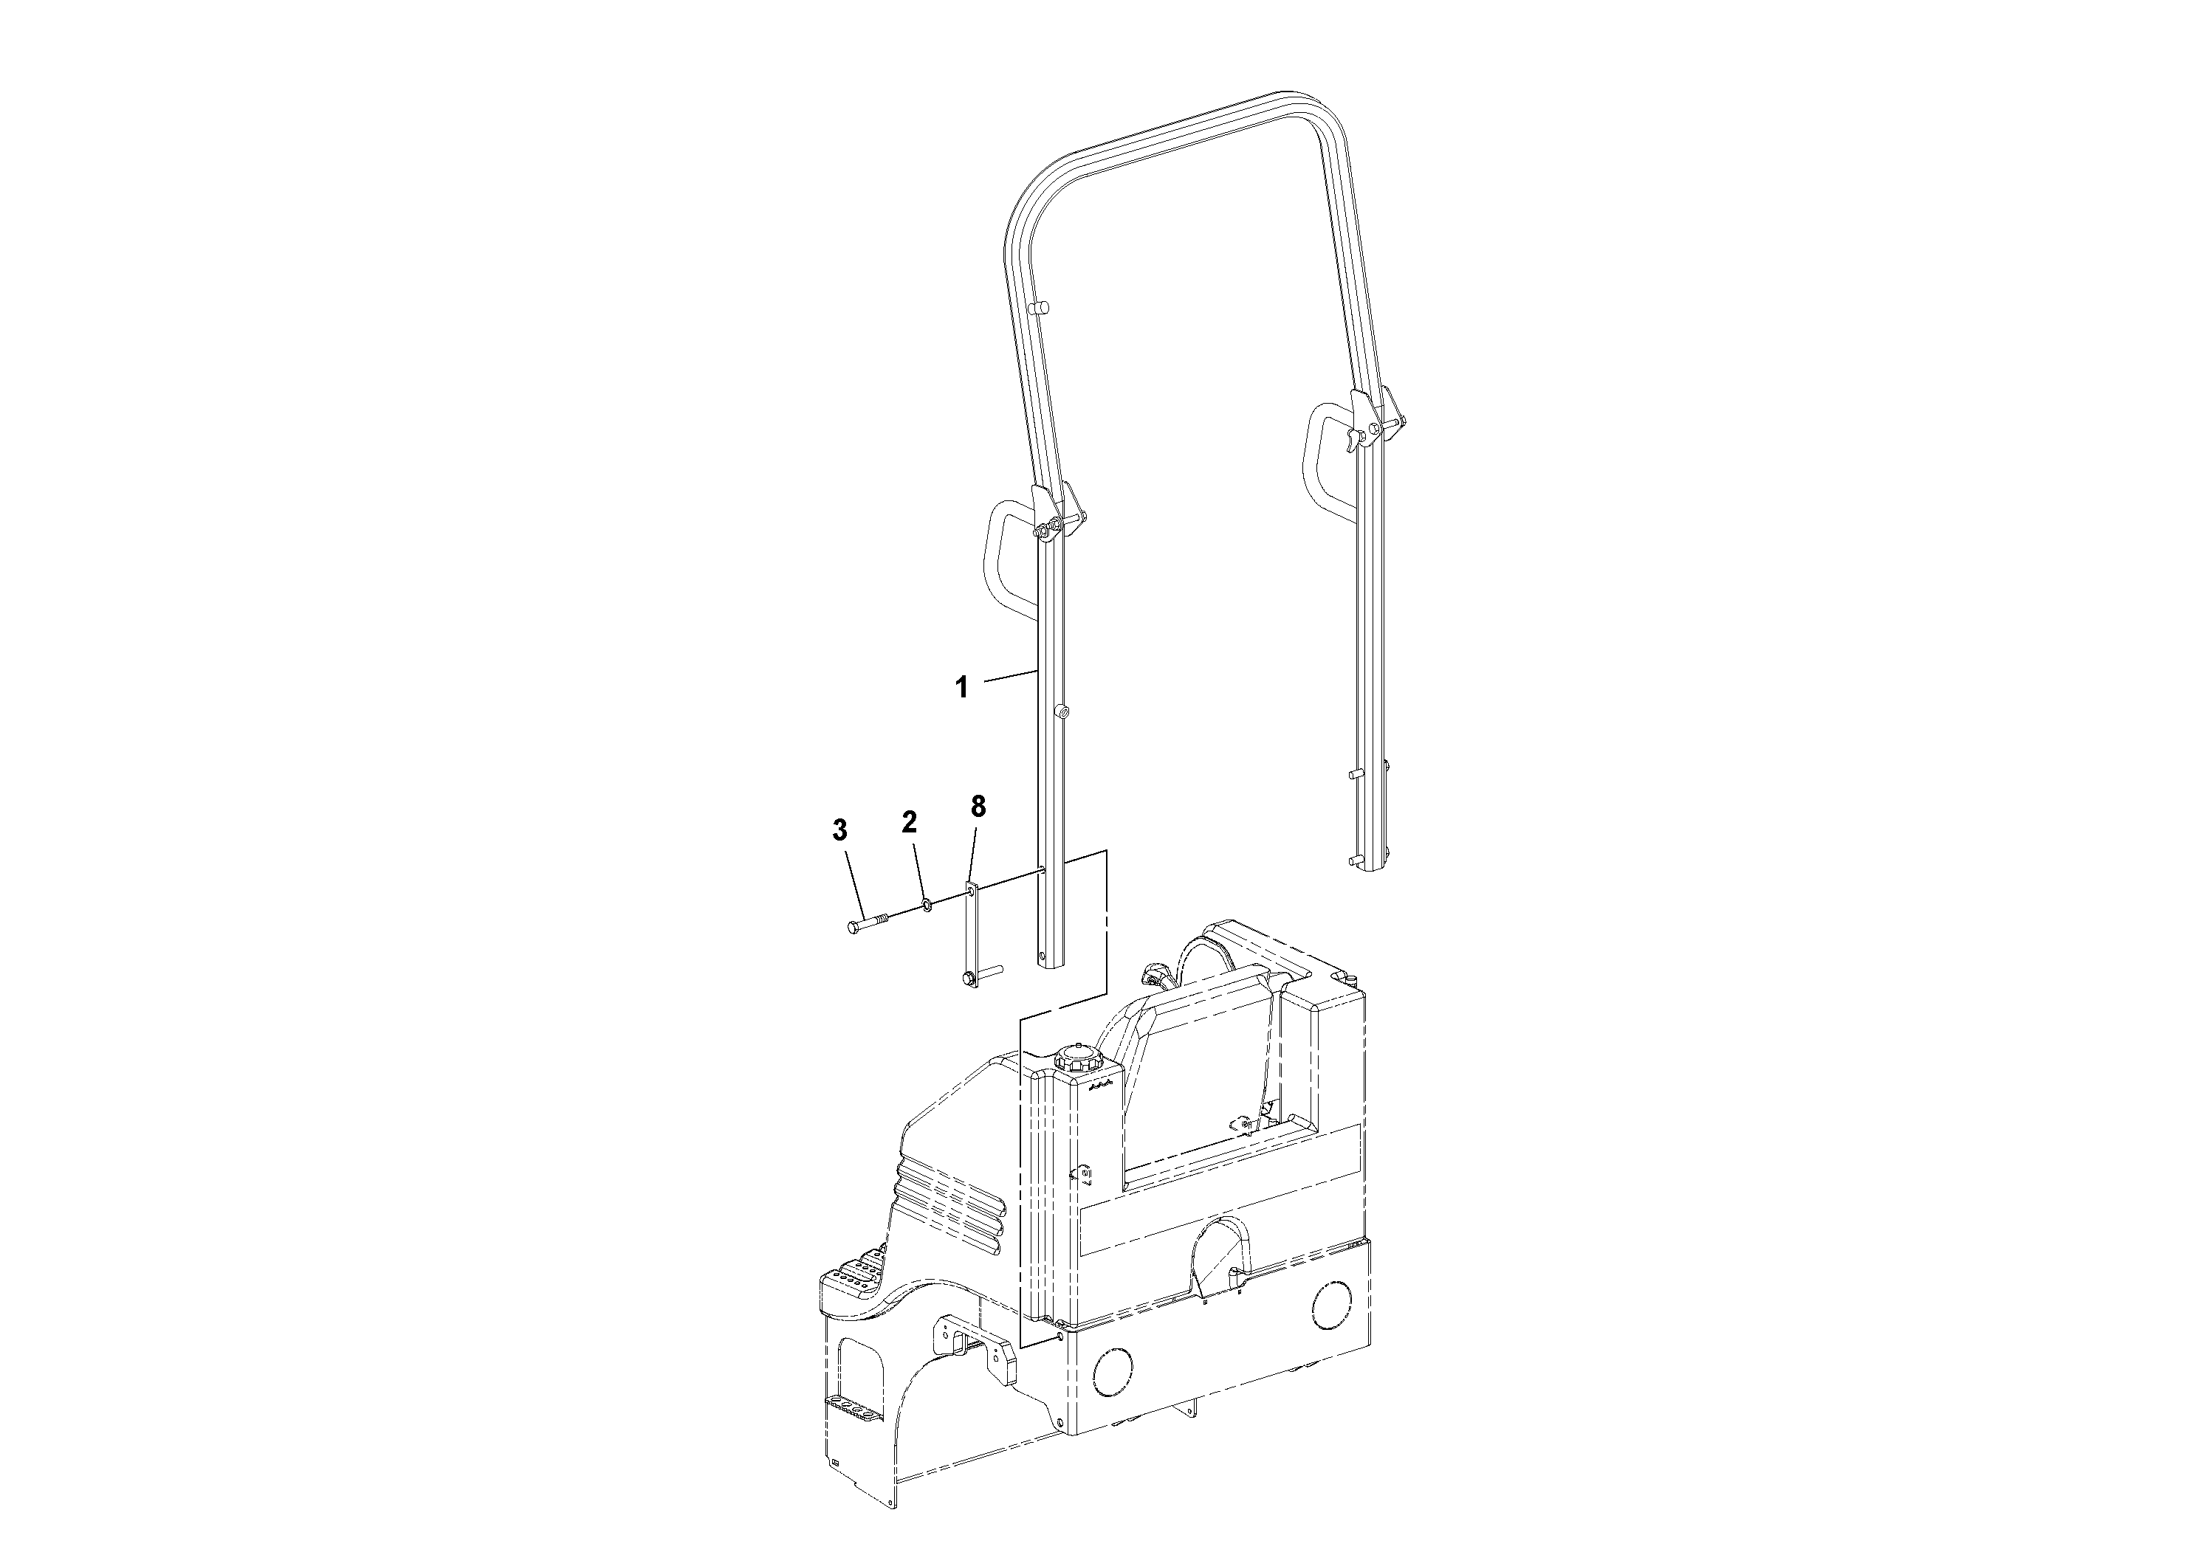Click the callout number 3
(839, 830)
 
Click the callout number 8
(978, 806)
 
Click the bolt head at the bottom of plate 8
(967, 978)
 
